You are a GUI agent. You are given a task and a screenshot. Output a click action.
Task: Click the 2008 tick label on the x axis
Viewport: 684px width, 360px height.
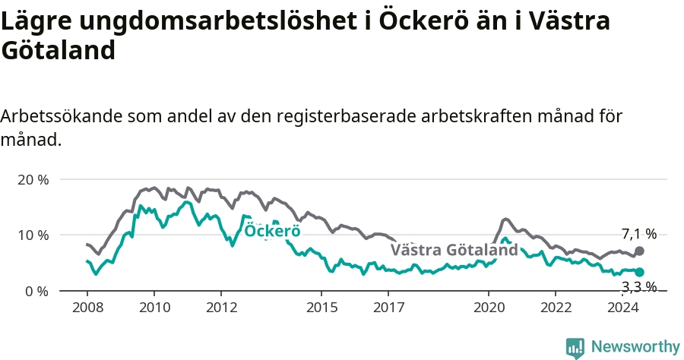(87, 308)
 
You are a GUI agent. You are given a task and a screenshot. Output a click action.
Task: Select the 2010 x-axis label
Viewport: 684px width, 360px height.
(154, 308)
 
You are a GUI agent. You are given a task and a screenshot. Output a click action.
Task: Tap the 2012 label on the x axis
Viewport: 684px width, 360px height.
(222, 308)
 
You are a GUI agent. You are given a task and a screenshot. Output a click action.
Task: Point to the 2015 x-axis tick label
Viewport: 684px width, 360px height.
(322, 308)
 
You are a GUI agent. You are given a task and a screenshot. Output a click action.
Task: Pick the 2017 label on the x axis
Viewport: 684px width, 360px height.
(388, 308)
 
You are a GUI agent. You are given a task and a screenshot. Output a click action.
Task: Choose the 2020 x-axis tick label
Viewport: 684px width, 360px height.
(489, 308)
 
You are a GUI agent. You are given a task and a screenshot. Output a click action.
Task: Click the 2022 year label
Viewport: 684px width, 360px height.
(556, 308)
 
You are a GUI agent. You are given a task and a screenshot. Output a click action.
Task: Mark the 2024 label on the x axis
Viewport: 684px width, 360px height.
(623, 308)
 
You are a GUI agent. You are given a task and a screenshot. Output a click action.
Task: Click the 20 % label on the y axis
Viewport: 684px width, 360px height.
(33, 179)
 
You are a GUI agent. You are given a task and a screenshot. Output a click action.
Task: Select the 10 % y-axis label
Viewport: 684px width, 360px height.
(33, 235)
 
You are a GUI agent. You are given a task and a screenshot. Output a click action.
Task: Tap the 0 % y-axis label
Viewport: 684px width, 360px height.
(36, 291)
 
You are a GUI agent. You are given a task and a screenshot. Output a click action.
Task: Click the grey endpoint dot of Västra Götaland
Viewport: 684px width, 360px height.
(639, 251)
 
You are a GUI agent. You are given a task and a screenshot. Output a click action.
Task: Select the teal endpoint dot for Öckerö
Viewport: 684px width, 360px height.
(639, 273)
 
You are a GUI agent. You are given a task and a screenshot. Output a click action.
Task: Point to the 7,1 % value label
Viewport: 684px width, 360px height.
(639, 234)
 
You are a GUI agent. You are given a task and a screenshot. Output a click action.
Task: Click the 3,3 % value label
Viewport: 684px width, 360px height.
(639, 286)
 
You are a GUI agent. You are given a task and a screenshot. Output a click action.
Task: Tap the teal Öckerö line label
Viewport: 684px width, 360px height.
(272, 231)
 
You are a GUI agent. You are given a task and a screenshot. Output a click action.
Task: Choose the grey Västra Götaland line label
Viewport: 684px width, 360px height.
(454, 250)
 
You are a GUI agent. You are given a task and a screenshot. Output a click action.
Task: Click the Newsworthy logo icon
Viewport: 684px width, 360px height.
(575, 349)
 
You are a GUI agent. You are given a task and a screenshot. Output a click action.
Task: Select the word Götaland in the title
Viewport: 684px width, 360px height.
(58, 49)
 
